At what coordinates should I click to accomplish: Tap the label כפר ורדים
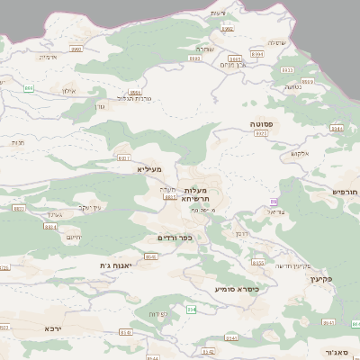(175, 238)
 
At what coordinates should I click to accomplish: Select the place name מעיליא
(149, 168)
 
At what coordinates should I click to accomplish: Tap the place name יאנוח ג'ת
(117, 265)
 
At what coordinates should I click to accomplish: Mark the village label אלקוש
(300, 154)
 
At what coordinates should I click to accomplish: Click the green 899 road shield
(30, 88)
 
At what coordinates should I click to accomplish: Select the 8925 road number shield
(261, 133)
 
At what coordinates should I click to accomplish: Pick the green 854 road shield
(191, 309)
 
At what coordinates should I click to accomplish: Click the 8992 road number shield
(227, 30)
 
